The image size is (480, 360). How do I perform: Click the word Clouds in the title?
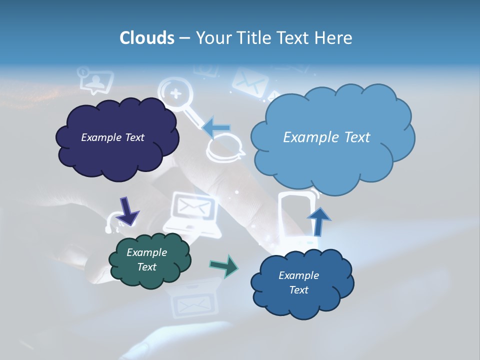tap(147, 38)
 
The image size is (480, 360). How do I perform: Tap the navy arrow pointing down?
tap(127, 210)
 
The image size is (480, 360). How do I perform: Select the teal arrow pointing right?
tap(223, 265)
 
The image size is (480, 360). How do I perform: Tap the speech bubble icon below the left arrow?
tap(225, 150)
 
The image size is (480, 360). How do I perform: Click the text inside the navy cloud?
tap(112, 137)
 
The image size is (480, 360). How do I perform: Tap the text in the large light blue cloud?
tap(326, 137)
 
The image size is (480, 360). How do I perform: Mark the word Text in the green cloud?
tap(146, 267)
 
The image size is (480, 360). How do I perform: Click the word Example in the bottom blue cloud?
tap(298, 275)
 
